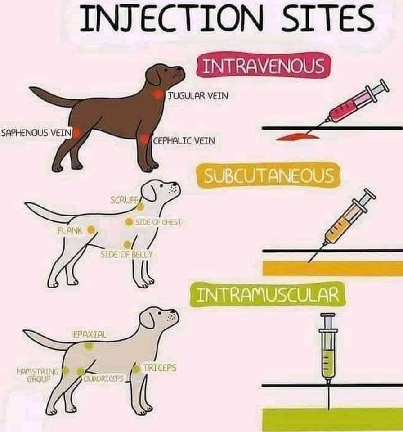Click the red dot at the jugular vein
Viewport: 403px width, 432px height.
[x=157, y=94]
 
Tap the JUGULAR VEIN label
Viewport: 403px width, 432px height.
[x=198, y=96]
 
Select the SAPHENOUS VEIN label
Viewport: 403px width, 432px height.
[x=36, y=133]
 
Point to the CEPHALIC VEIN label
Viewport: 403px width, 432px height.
[x=184, y=141]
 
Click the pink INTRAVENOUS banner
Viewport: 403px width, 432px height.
[x=263, y=67]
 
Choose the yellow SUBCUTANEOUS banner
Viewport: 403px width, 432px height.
[x=269, y=175]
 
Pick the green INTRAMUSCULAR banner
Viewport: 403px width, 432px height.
[x=268, y=295]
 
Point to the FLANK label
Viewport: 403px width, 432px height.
[x=70, y=230]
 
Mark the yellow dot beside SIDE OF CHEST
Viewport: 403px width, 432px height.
[x=129, y=221]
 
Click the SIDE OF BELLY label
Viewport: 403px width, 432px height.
[x=126, y=254]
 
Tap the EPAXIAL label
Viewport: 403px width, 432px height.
[x=90, y=335]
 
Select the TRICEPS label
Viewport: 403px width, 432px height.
[x=159, y=368]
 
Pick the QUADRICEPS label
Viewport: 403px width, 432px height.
[x=103, y=378]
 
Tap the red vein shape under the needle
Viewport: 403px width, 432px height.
[x=297, y=136]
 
